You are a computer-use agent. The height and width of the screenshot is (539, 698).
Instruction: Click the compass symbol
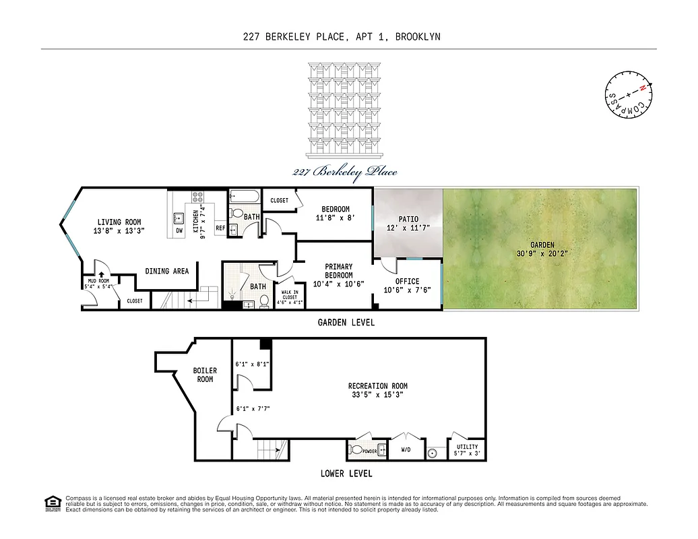click(628, 95)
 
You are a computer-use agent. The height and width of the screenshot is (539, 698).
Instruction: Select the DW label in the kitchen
click(179, 230)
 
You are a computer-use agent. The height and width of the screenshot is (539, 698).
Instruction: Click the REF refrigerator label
click(220, 228)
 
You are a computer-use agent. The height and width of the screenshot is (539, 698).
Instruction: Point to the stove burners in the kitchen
click(198, 197)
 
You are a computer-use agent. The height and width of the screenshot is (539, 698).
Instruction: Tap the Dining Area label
click(167, 271)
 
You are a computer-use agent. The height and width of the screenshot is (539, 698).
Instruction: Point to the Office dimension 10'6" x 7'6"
click(408, 290)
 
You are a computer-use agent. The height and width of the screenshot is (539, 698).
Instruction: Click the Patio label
click(408, 219)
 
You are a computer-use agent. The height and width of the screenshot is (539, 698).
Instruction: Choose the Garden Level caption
click(346, 323)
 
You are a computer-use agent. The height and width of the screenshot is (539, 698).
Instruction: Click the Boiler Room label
click(205, 375)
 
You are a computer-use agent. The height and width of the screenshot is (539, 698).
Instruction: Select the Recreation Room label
click(377, 386)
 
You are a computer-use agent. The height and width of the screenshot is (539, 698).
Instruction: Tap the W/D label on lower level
click(406, 449)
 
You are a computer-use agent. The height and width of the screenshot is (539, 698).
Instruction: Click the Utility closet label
click(467, 447)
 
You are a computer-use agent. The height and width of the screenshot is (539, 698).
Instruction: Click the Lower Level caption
click(346, 474)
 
